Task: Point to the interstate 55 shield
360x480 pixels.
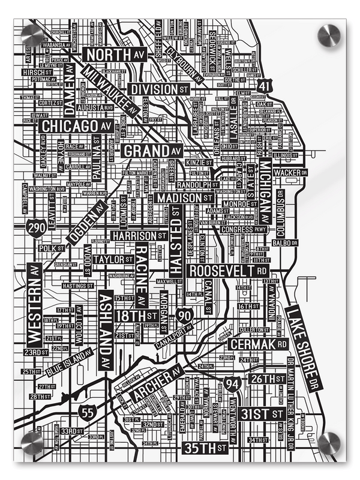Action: point(88,411)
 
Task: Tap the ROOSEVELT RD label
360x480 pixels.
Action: point(227,271)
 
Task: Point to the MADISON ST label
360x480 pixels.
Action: point(185,197)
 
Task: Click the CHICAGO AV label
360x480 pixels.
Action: point(76,127)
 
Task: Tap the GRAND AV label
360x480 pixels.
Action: point(152,150)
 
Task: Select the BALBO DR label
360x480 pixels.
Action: point(285,243)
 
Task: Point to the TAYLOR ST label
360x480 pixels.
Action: point(114,260)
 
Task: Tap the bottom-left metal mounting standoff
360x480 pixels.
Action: point(32,443)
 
